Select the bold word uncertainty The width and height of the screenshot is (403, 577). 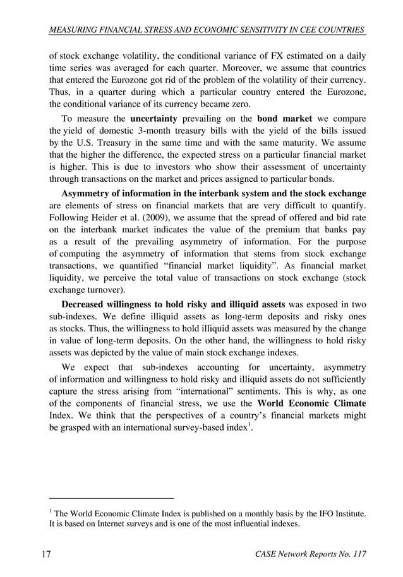(x=155, y=119)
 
